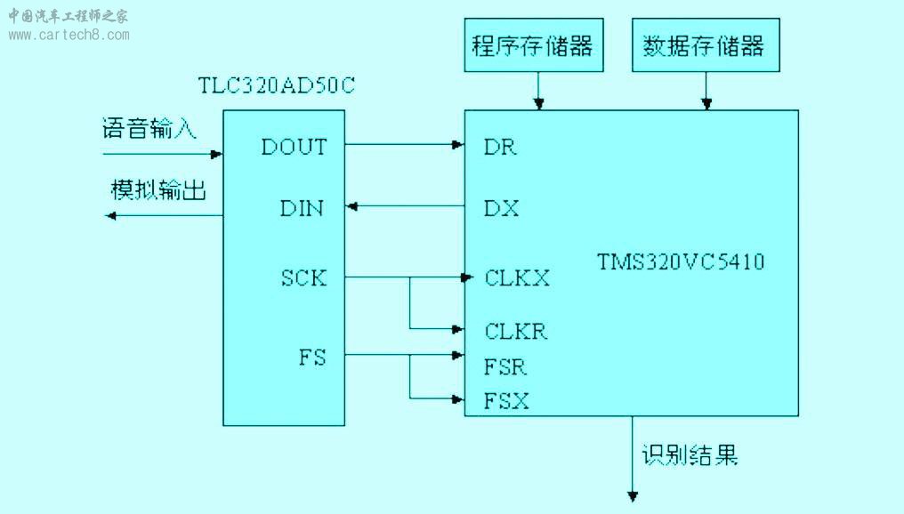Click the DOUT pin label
click(x=294, y=147)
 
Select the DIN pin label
click(x=302, y=208)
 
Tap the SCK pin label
click(x=303, y=278)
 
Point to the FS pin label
click(x=312, y=357)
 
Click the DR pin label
click(x=500, y=147)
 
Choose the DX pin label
click(x=501, y=208)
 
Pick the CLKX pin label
click(x=517, y=278)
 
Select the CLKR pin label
click(x=515, y=332)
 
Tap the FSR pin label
click(x=505, y=367)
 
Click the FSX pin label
click(x=506, y=400)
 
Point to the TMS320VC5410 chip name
click(x=681, y=261)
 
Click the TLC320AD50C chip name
click(x=276, y=85)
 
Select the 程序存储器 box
click(x=534, y=45)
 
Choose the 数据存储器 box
click(x=706, y=45)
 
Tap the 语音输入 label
click(x=149, y=128)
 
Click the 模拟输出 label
click(x=158, y=189)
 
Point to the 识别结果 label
click(x=690, y=454)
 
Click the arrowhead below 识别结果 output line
click(x=633, y=496)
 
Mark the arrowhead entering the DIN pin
click(x=351, y=205)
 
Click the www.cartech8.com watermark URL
click(x=69, y=36)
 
